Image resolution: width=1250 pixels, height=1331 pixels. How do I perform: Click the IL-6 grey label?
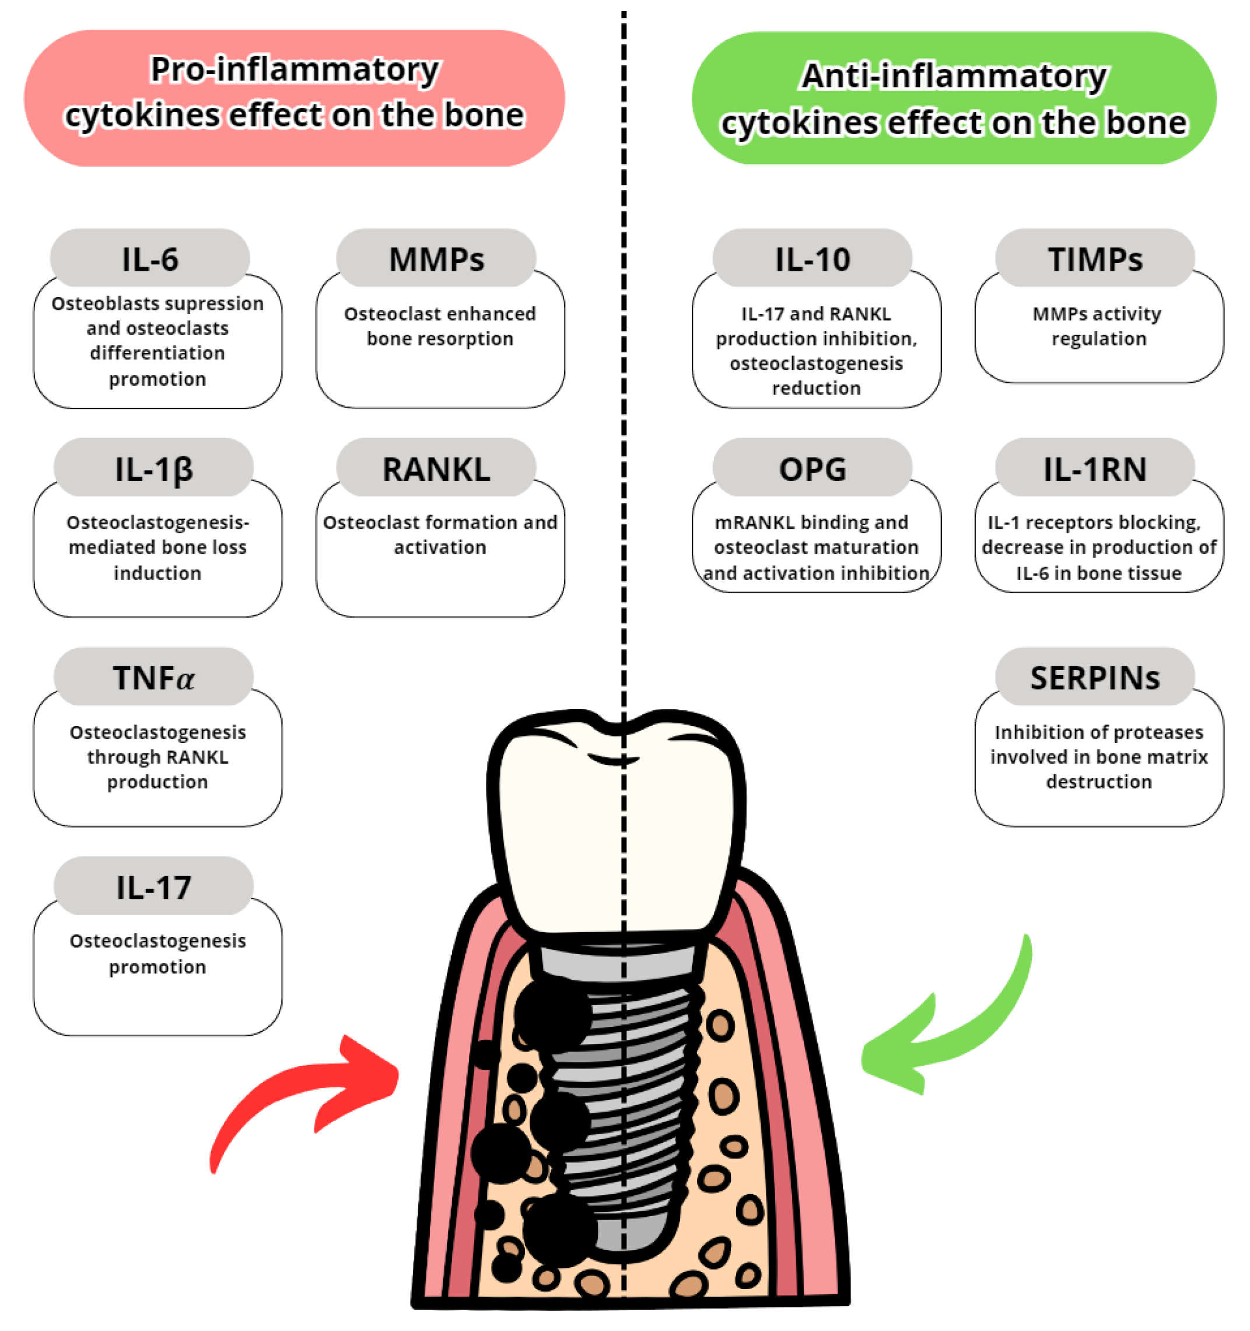[150, 259]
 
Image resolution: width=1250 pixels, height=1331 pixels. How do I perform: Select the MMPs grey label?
[436, 259]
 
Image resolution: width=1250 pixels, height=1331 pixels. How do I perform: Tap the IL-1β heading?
[153, 469]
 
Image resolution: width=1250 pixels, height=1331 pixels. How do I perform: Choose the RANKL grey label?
[436, 469]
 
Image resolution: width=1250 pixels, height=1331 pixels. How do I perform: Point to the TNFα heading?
[153, 677]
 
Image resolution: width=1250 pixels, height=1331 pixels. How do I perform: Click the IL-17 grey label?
[153, 887]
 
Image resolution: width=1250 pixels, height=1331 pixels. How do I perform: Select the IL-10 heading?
[812, 259]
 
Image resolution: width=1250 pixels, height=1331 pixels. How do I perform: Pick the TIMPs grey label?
[1094, 259]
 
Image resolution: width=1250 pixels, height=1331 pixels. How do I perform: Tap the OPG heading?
[812, 469]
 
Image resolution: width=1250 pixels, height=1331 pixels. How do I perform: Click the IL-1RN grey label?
[1094, 469]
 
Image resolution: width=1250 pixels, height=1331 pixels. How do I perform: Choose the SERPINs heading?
[1094, 677]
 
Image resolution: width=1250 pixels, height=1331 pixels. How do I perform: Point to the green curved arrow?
[950, 1024]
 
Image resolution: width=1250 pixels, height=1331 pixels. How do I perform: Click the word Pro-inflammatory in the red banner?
[295, 69]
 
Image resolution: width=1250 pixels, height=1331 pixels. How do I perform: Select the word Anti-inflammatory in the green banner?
[954, 76]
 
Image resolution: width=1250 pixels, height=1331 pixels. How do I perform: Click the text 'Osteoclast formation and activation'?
[440, 535]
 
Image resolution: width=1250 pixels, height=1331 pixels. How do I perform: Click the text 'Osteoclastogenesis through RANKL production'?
[157, 757]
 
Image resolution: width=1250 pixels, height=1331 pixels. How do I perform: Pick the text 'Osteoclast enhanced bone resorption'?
[440, 326]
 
